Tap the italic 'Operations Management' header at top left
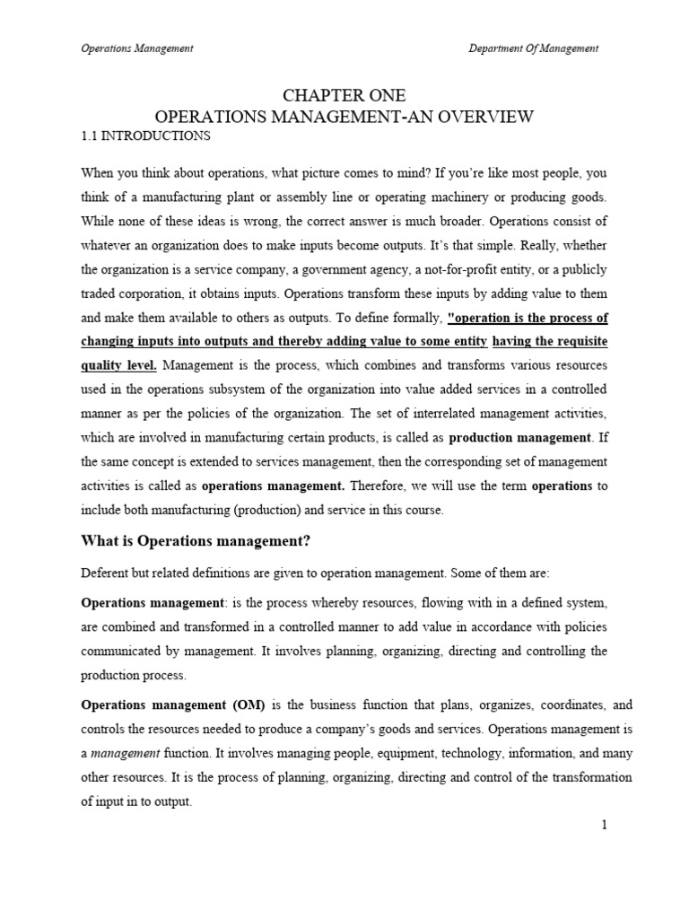[137, 48]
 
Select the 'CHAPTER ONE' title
[344, 96]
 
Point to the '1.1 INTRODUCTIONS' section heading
[145, 136]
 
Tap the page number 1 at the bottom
[605, 826]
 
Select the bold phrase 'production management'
[520, 439]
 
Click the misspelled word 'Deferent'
[105, 572]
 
